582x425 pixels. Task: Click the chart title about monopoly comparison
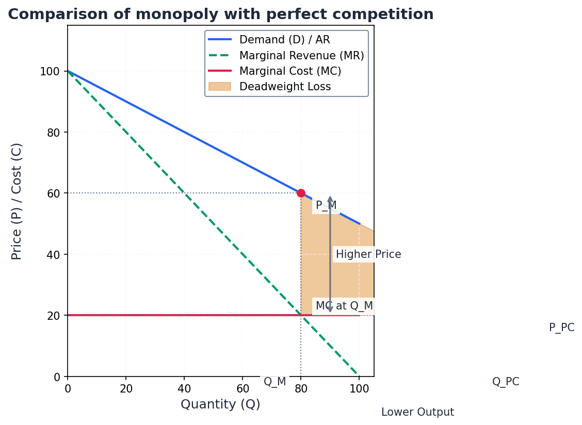point(220,14)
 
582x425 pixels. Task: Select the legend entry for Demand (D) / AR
point(284,40)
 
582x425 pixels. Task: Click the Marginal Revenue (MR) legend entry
point(301,55)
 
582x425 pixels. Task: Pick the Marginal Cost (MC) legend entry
point(290,71)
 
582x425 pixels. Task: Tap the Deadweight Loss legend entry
point(285,87)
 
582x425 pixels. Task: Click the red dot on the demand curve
point(301,193)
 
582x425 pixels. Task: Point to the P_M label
point(326,206)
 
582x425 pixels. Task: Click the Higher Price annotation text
point(368,254)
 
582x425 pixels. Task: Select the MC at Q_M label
point(344,306)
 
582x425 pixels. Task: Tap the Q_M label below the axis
point(274,382)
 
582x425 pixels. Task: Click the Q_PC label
point(506,382)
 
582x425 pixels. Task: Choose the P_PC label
point(561,328)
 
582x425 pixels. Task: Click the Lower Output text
point(417,413)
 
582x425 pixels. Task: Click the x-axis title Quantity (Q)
point(220,405)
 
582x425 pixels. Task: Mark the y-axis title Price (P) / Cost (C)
point(17,201)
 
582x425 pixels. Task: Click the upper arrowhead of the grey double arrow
point(330,199)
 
